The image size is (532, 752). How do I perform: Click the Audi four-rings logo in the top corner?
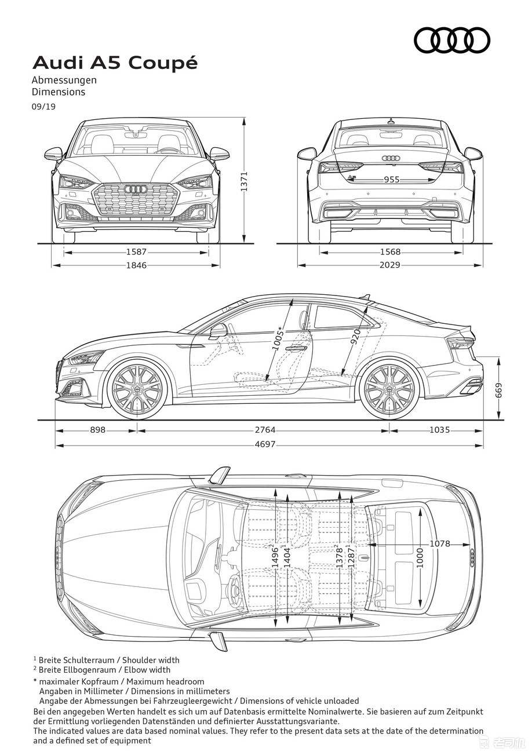[451, 41]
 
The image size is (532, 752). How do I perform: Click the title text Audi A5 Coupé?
[115, 63]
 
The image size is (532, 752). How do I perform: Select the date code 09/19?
[43, 107]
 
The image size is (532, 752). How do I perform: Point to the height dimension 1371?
[244, 181]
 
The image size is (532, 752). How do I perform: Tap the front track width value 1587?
[136, 251]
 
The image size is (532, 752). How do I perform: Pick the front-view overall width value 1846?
[136, 265]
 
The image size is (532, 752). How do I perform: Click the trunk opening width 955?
[392, 180]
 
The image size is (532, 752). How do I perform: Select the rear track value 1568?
[390, 251]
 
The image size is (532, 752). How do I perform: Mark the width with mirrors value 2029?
[390, 265]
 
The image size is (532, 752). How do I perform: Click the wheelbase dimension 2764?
[265, 430]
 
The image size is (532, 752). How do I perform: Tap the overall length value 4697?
[265, 444]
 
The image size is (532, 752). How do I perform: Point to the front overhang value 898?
[97, 430]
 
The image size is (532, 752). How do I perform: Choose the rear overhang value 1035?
[439, 430]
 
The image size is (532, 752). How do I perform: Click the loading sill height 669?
[499, 390]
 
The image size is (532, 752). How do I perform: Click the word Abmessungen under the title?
[64, 81]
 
